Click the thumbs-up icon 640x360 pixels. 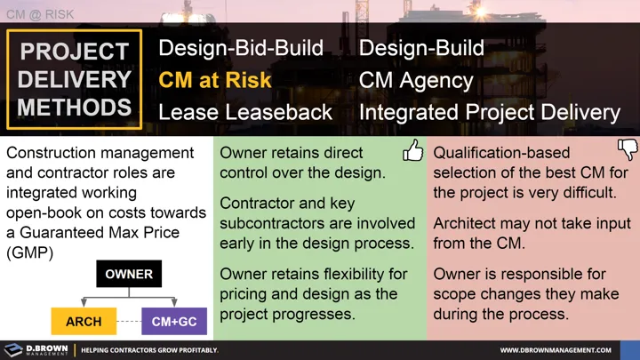pyautogui.click(x=412, y=152)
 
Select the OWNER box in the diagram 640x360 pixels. pyautogui.click(x=129, y=275)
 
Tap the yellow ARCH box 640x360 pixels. pyautogui.click(x=84, y=321)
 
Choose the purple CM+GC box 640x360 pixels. pyautogui.click(x=174, y=321)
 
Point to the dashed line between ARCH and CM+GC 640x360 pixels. pyautogui.click(x=130, y=321)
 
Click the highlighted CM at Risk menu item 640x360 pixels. pyautogui.click(x=214, y=80)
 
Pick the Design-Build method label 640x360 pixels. pyautogui.click(x=421, y=48)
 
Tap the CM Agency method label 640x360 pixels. pyautogui.click(x=415, y=80)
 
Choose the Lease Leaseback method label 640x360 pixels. pyautogui.click(x=245, y=112)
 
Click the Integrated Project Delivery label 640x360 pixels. pyautogui.click(x=489, y=112)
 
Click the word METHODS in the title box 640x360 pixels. pyautogui.click(x=75, y=108)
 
